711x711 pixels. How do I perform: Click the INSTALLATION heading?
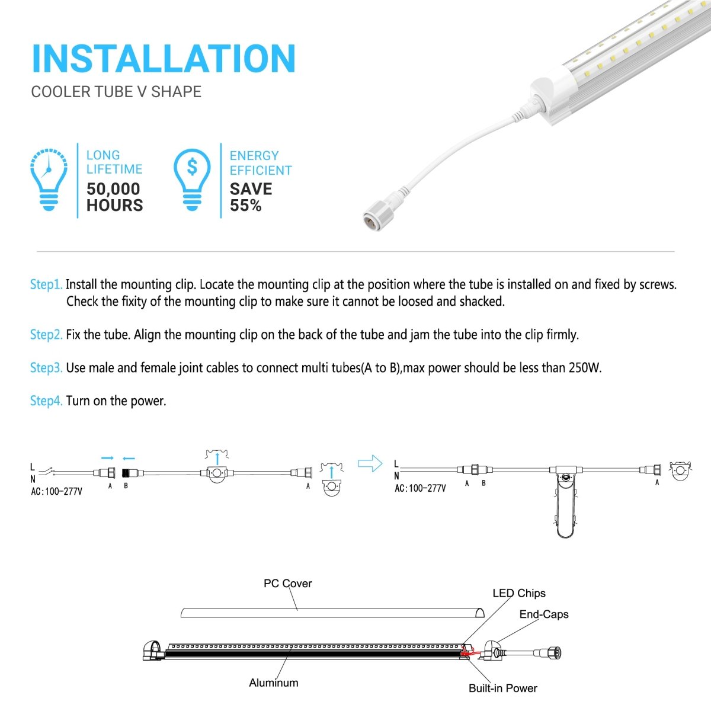pyautogui.click(x=164, y=59)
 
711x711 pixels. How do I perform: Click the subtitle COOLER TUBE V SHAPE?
pyautogui.click(x=116, y=92)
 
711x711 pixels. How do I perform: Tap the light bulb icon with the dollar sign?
pyautogui.click(x=192, y=179)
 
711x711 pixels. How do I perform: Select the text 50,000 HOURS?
pyautogui.click(x=114, y=197)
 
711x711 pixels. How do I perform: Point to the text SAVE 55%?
pyautogui.click(x=251, y=197)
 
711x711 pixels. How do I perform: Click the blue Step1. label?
pyautogui.click(x=46, y=284)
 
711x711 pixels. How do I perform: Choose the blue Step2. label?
pyautogui.click(x=46, y=335)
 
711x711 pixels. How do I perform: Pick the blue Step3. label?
pyautogui.click(x=46, y=368)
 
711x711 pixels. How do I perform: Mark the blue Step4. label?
pyautogui.click(x=46, y=401)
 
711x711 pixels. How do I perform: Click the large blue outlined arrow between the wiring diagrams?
pyautogui.click(x=370, y=463)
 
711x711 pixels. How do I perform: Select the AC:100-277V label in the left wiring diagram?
pyautogui.click(x=56, y=492)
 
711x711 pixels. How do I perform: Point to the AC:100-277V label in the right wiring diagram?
pyautogui.click(x=420, y=489)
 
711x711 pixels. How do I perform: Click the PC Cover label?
pyautogui.click(x=287, y=584)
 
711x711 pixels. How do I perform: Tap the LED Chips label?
pyautogui.click(x=518, y=593)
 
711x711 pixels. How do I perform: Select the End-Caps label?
pyautogui.click(x=543, y=614)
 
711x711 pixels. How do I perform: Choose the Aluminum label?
pyautogui.click(x=273, y=683)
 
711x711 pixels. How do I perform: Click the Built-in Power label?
pyautogui.click(x=502, y=688)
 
